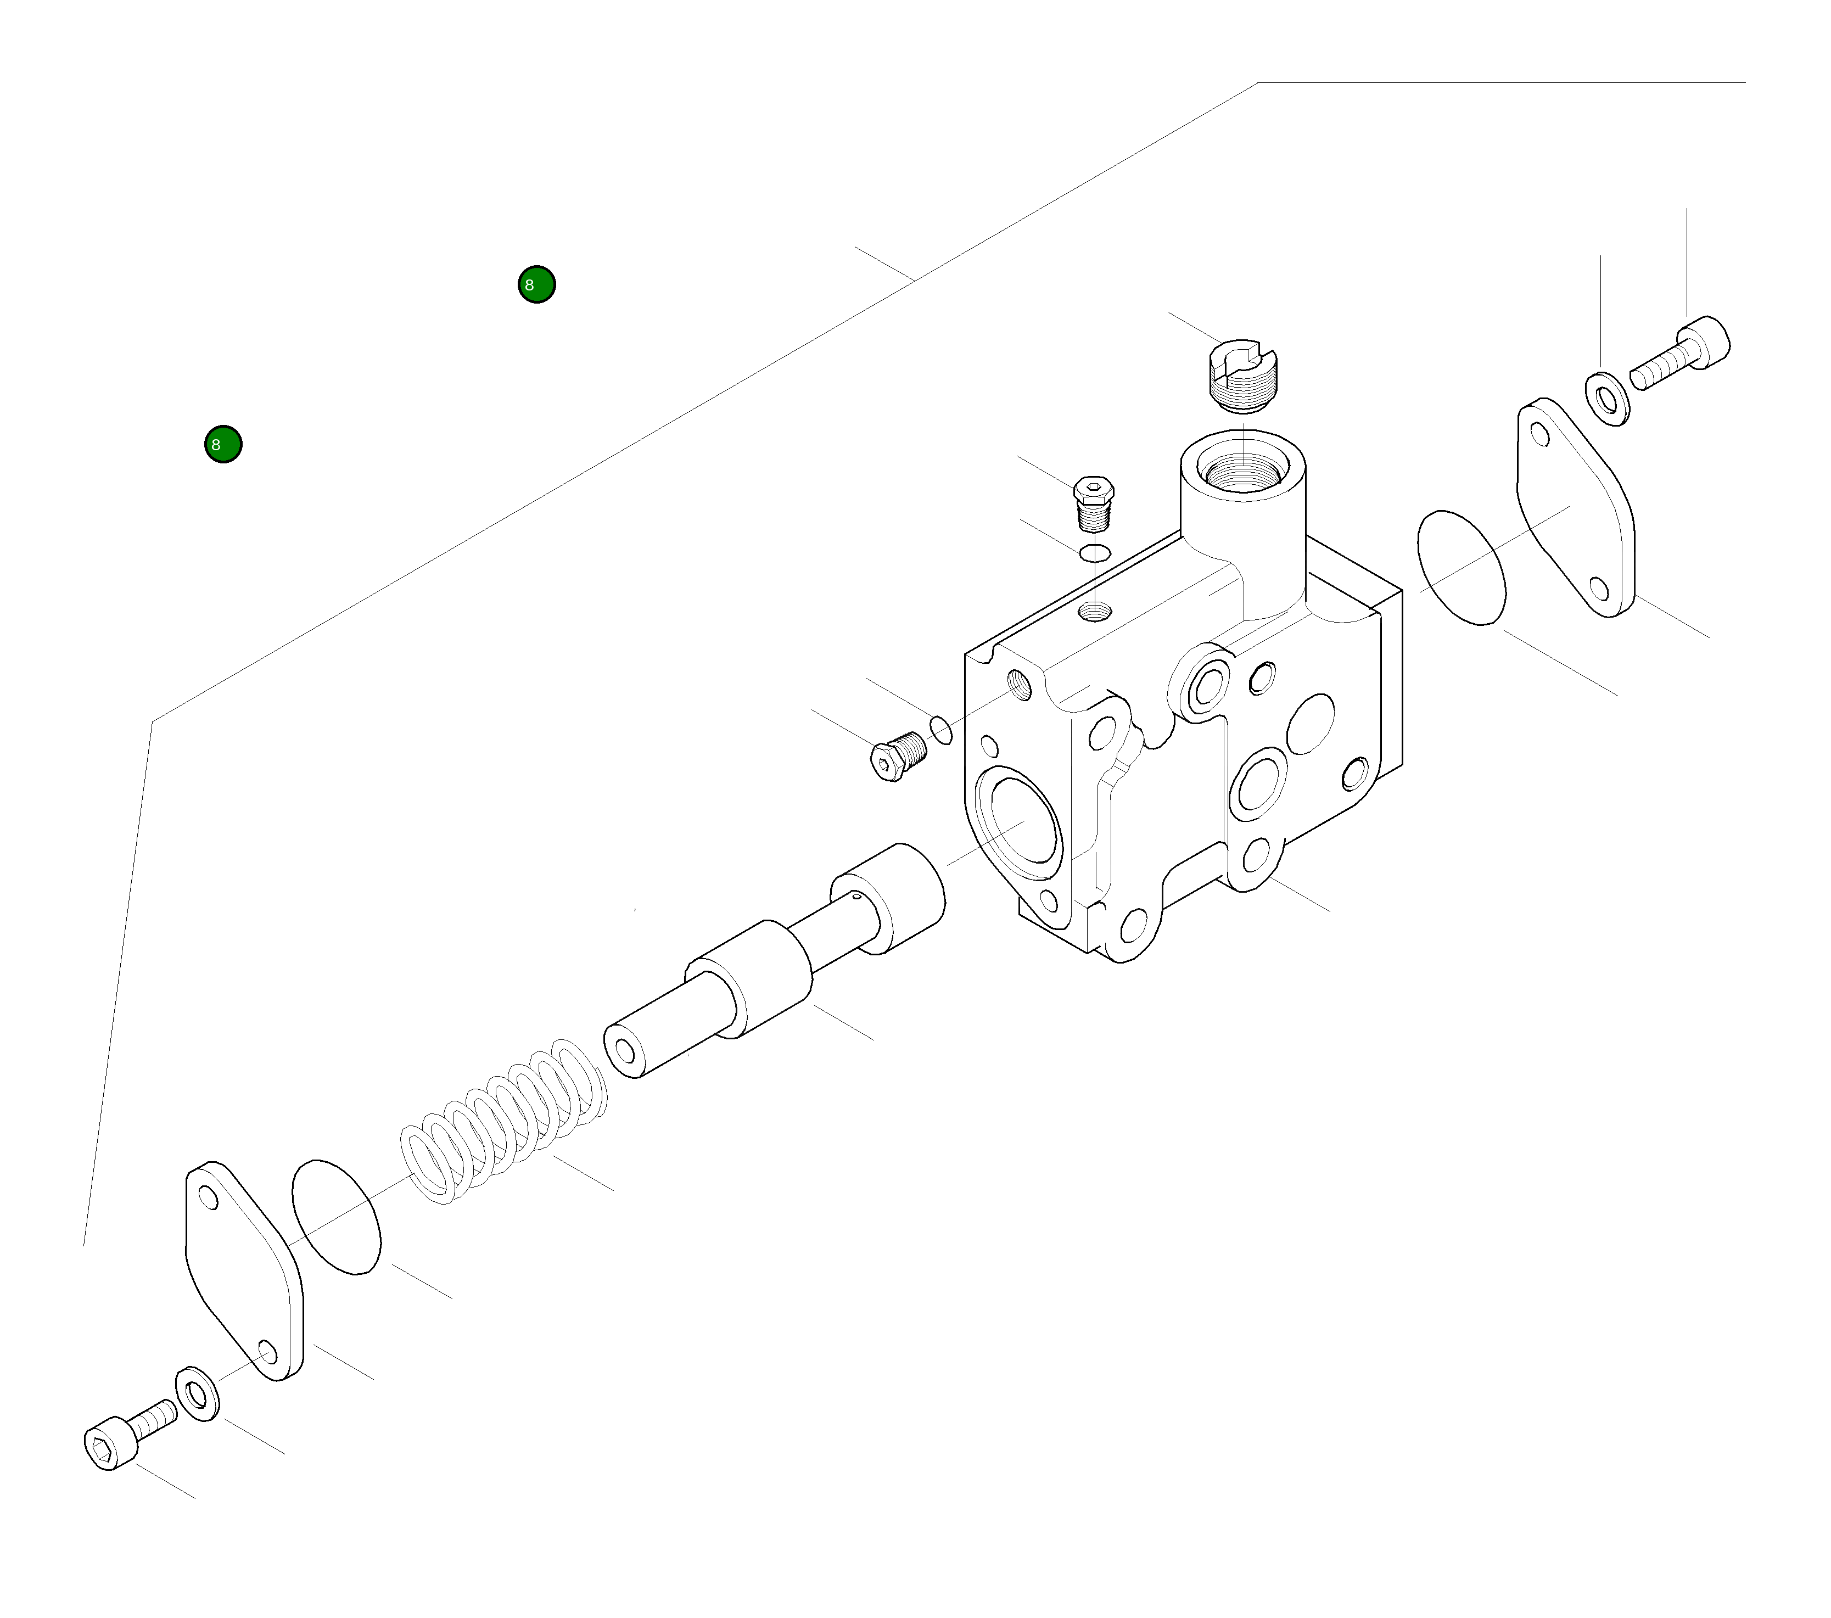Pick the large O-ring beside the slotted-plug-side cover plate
(x=1461, y=568)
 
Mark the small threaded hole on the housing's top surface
(x=1095, y=612)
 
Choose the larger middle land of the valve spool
(x=753, y=977)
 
